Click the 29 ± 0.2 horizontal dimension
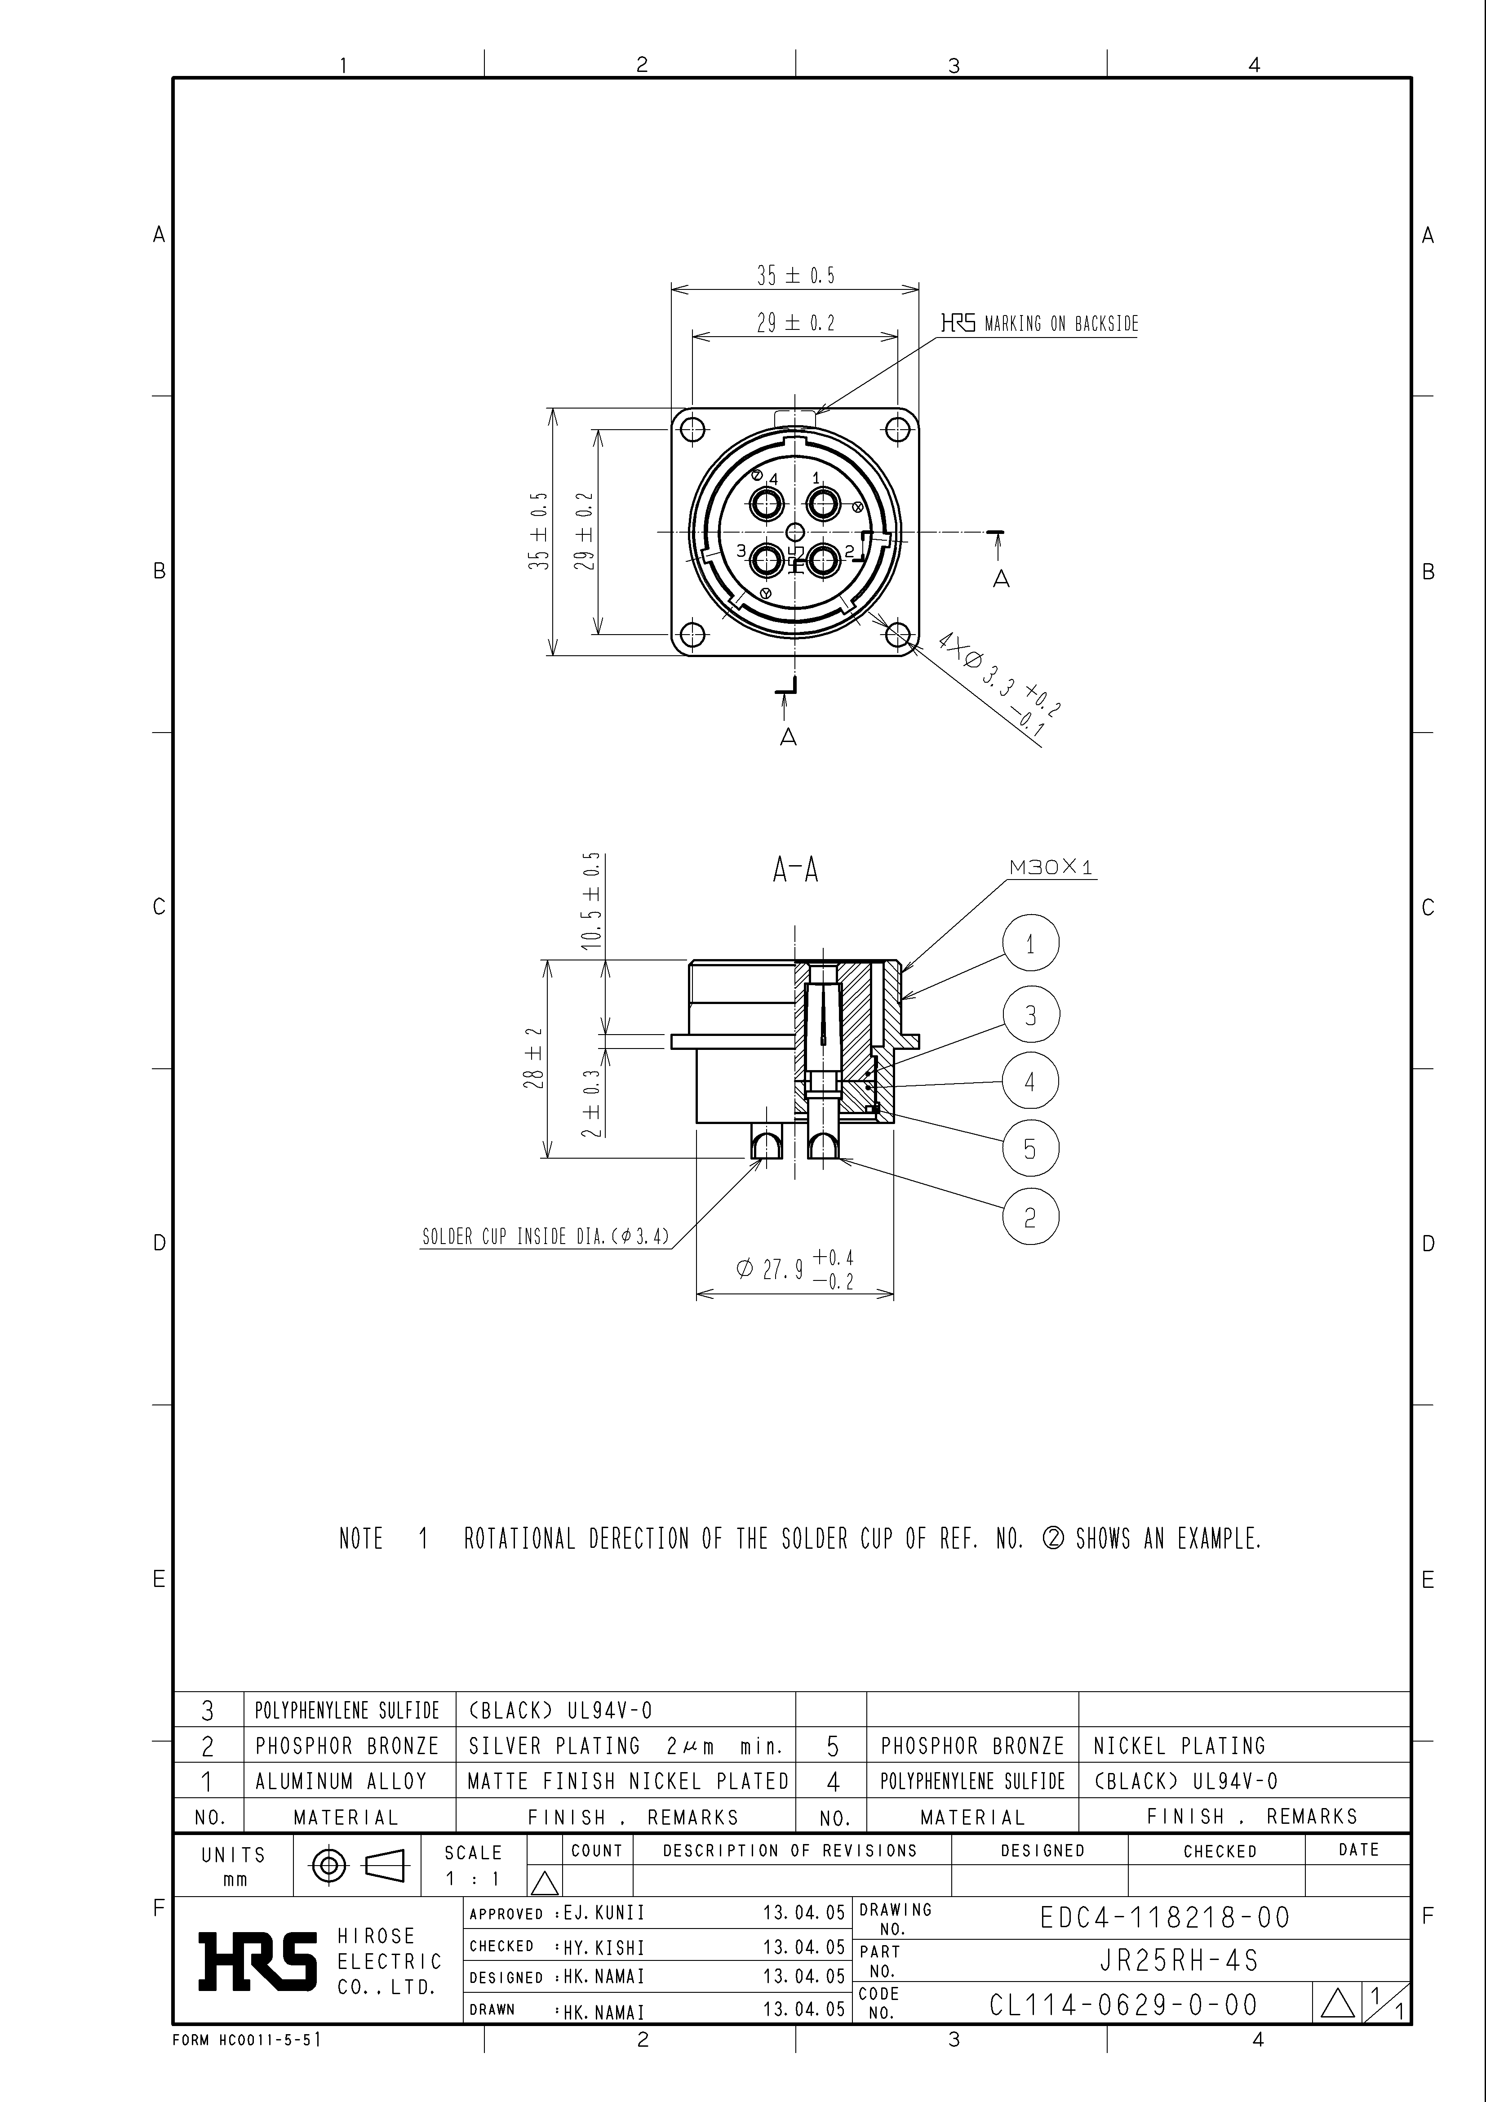tap(795, 322)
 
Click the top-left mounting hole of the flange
tap(693, 429)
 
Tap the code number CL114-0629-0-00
tap(1123, 2005)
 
